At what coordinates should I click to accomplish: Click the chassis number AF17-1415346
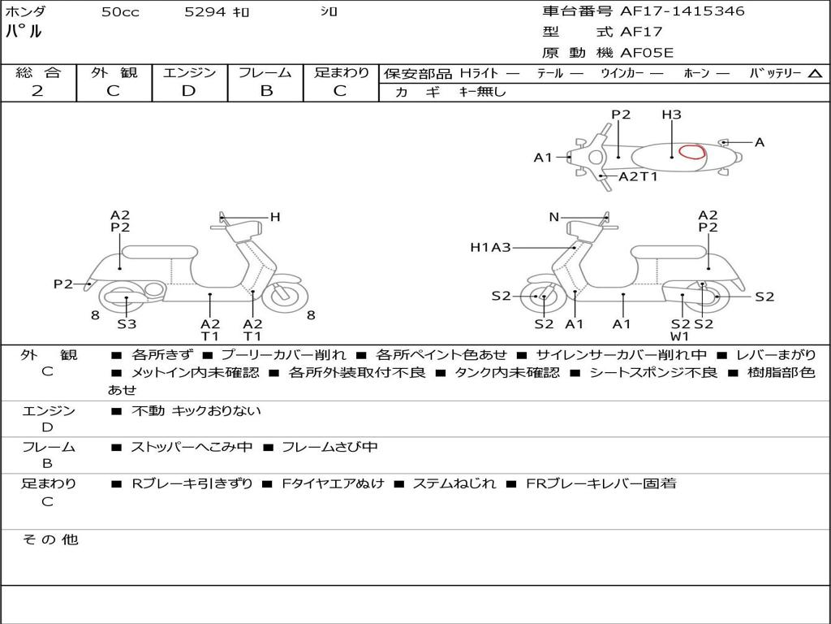point(682,11)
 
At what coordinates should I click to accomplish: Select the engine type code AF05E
point(647,53)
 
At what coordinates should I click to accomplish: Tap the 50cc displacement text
point(120,12)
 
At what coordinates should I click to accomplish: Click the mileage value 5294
point(205,11)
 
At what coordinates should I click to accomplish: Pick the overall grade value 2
point(37,91)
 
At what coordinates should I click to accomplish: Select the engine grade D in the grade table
point(188,91)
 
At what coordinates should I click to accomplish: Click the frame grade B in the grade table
point(266,91)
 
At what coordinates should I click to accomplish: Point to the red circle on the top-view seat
point(692,152)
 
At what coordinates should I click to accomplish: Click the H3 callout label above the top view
point(671,115)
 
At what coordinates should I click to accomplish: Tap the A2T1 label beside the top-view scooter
point(638,176)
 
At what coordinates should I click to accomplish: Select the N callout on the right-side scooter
point(553,217)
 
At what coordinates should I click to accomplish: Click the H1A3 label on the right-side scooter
point(490,247)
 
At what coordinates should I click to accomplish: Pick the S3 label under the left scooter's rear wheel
point(127,323)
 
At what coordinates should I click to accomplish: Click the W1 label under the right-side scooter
point(679,336)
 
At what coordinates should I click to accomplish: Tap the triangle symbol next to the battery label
point(816,74)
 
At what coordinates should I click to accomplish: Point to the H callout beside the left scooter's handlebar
point(275,217)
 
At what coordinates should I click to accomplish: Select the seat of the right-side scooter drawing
point(669,253)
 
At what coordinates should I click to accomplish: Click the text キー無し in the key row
point(482,92)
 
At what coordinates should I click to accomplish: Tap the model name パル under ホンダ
point(24,31)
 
